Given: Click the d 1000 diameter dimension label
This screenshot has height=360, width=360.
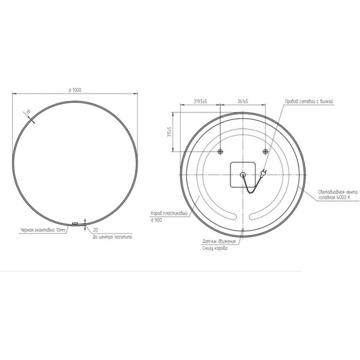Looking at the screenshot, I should coord(74,91).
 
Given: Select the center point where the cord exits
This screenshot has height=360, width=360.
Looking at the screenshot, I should coord(243,176).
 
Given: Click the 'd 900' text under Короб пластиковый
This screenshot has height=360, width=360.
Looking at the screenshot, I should coord(157,219).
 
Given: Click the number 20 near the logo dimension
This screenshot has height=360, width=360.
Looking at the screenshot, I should coord(95,229).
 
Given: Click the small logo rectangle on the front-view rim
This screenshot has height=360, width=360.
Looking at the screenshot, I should coord(75,223).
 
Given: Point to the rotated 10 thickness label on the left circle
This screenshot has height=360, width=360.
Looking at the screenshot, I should coord(27,112).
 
